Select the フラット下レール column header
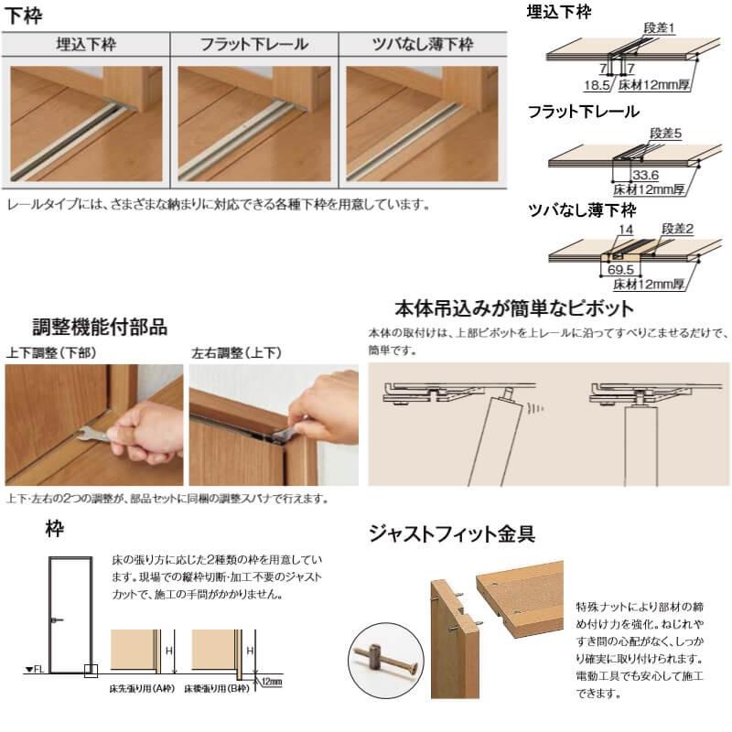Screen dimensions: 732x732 pos(253,44)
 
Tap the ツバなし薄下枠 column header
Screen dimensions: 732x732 pos(423,44)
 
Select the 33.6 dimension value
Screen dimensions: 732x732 pos(644,175)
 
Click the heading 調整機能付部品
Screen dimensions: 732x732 pos(99,327)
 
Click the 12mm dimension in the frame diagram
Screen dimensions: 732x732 pos(272,682)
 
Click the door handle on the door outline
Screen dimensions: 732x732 pos(58,620)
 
